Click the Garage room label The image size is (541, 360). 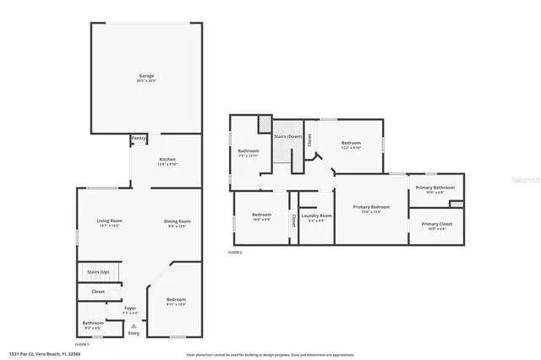[x=146, y=76]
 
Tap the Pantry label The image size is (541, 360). [x=139, y=138]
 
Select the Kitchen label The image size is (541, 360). [x=167, y=160]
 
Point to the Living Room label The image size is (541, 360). [x=110, y=221]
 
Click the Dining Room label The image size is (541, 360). [x=178, y=221]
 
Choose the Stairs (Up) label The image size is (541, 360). [x=98, y=272]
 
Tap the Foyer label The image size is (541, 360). [x=130, y=308]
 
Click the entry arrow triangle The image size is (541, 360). [x=133, y=325]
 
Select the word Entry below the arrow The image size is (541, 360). [x=133, y=333]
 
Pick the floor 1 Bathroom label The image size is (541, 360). [x=93, y=322]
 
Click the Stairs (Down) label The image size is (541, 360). [x=287, y=137]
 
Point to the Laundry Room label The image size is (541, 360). [x=317, y=215]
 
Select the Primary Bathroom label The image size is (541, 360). [x=434, y=188]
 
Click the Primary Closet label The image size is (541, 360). [x=435, y=224]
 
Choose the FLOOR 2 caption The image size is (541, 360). [x=235, y=253]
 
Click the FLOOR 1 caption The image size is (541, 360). [x=82, y=345]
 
